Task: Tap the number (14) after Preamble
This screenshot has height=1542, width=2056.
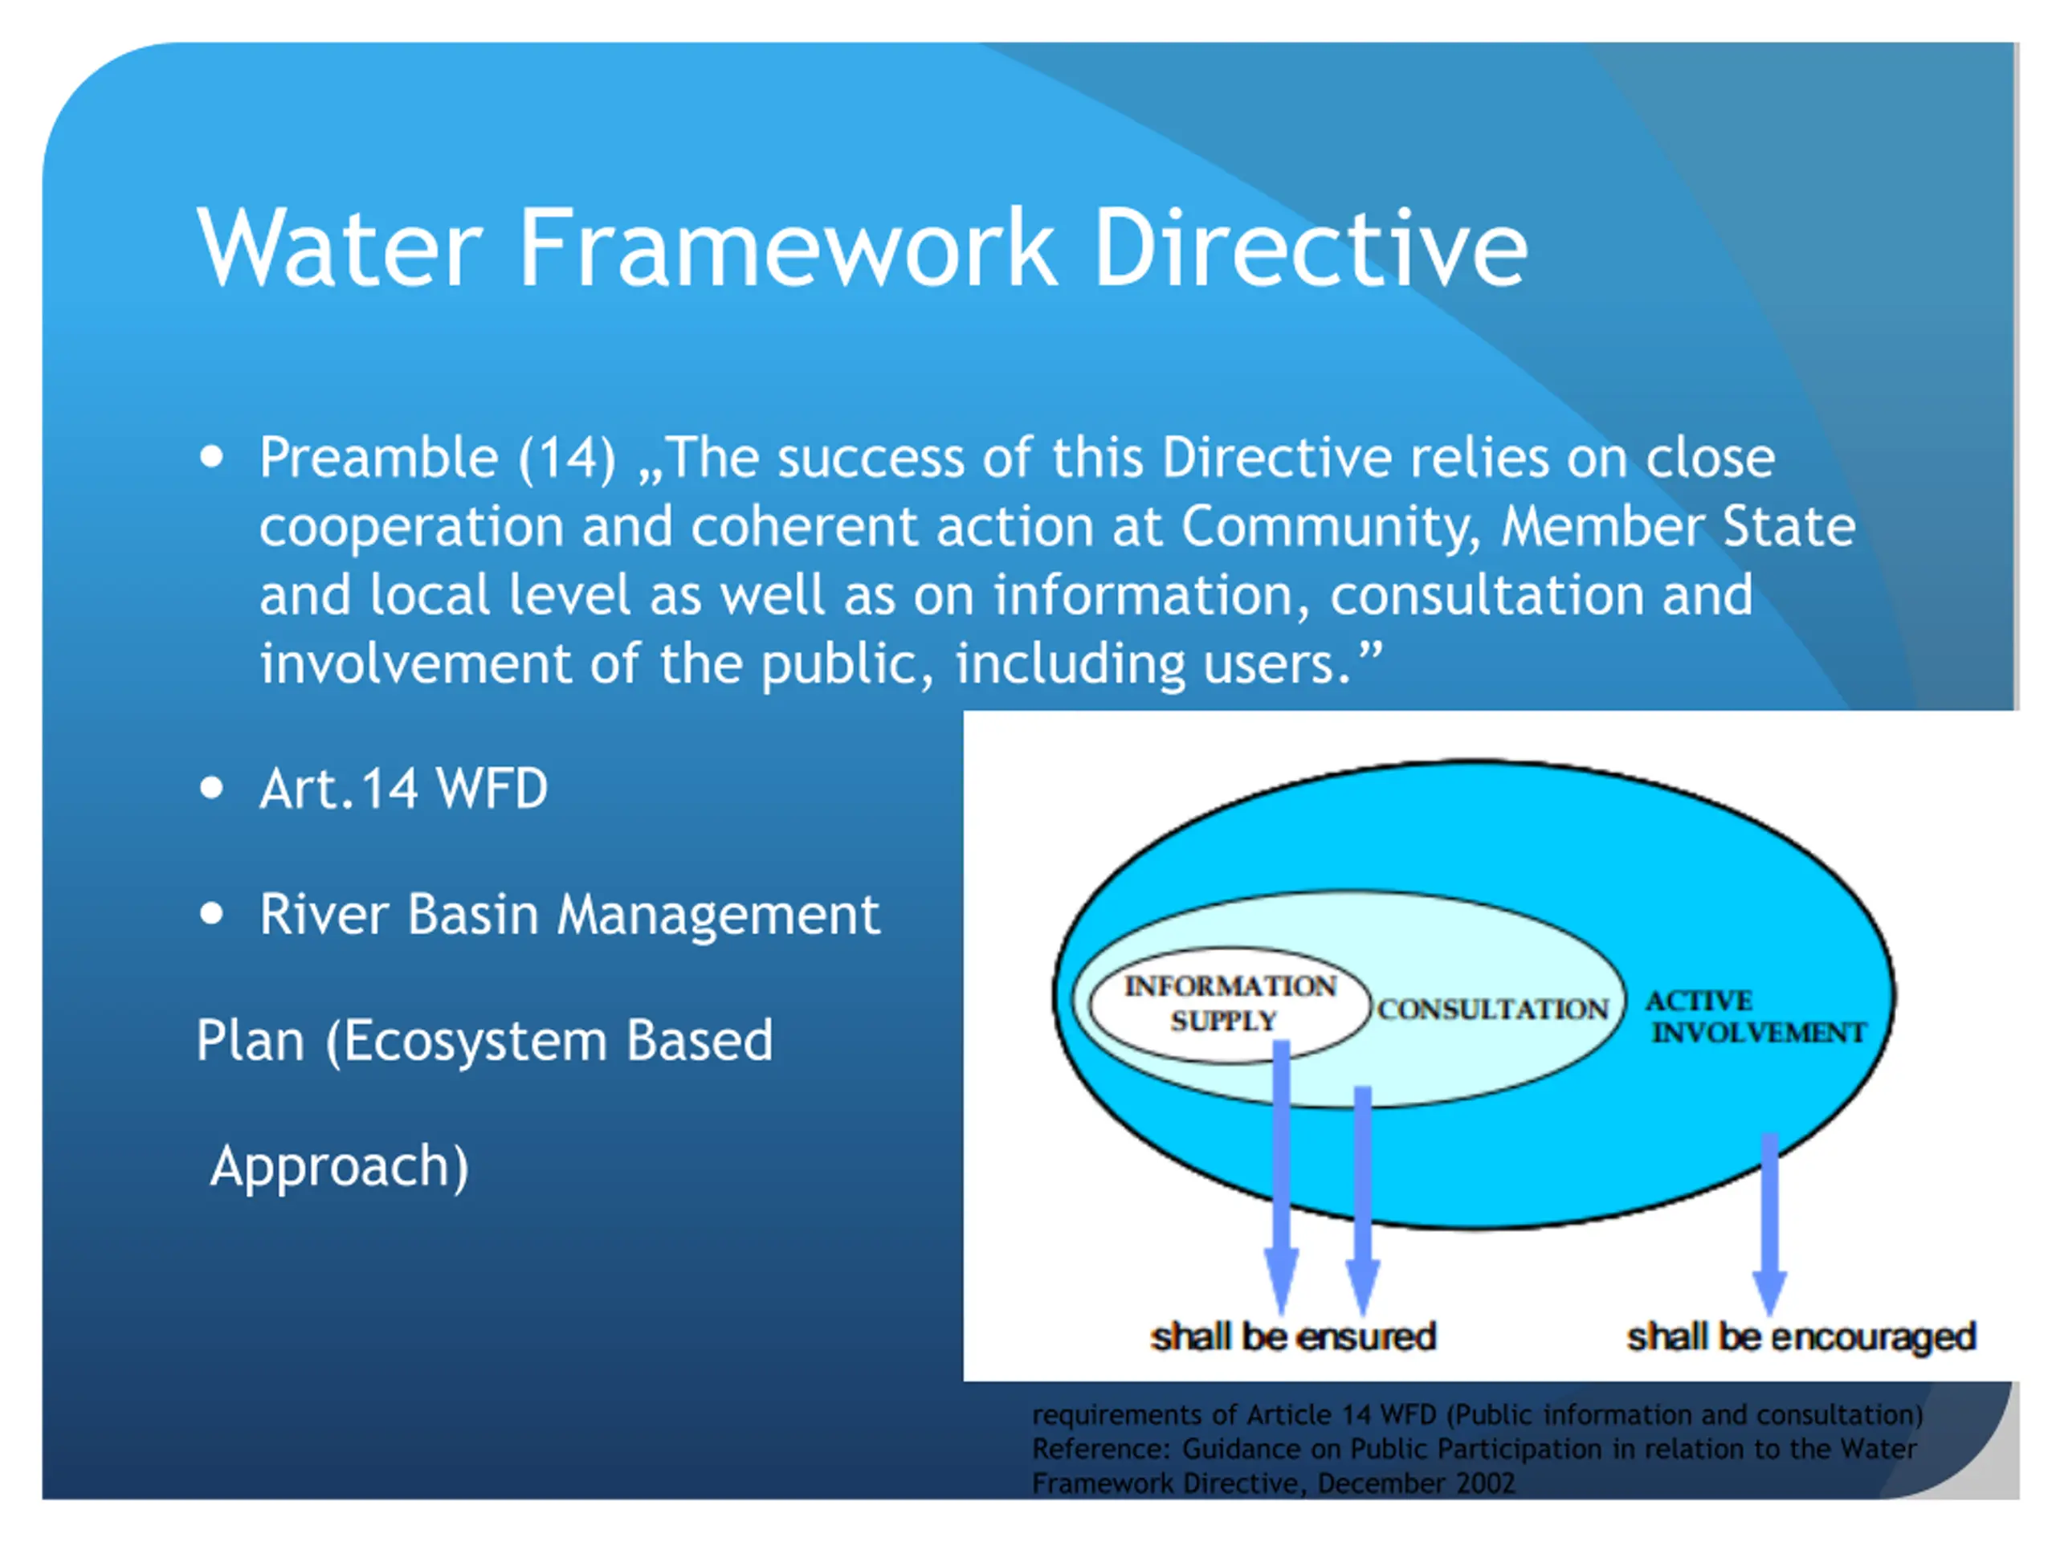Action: click(567, 459)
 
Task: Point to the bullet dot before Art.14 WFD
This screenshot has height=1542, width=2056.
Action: click(212, 788)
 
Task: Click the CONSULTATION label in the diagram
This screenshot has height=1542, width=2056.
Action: click(1493, 1010)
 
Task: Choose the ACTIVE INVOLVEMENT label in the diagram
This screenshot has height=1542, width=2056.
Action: click(1756, 1016)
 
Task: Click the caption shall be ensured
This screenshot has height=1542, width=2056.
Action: click(1293, 1336)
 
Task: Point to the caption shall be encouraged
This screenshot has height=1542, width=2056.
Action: click(1801, 1337)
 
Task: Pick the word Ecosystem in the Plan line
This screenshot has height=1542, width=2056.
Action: click(475, 1041)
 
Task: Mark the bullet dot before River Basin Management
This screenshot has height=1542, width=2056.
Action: click(212, 914)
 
